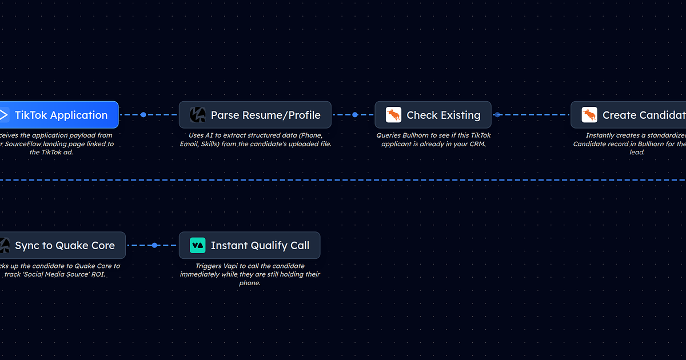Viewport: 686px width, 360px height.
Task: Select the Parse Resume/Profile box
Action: pos(255,115)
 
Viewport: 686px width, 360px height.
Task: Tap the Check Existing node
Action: pos(433,115)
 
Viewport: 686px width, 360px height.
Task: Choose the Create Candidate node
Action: pos(629,115)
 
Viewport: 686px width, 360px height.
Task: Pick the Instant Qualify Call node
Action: pos(249,246)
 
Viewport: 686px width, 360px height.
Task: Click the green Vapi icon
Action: pos(197,246)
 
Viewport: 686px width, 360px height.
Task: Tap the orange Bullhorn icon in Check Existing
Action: pos(393,115)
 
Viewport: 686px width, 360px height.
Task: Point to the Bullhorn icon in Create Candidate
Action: pos(589,115)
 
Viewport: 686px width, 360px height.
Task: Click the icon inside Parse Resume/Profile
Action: pos(197,115)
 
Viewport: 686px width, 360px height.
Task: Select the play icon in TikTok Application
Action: pos(3,115)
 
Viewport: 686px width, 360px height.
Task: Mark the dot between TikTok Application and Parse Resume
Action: pos(143,115)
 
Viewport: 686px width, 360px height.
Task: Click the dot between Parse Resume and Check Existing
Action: pos(355,115)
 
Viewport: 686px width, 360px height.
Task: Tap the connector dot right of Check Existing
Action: pos(497,115)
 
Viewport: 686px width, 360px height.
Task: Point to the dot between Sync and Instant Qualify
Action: pos(154,246)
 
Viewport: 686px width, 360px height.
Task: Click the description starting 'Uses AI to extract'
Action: pos(255,139)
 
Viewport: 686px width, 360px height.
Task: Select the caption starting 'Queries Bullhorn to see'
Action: pos(433,139)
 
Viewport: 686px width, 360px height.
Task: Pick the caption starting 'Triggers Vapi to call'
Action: pos(249,274)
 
